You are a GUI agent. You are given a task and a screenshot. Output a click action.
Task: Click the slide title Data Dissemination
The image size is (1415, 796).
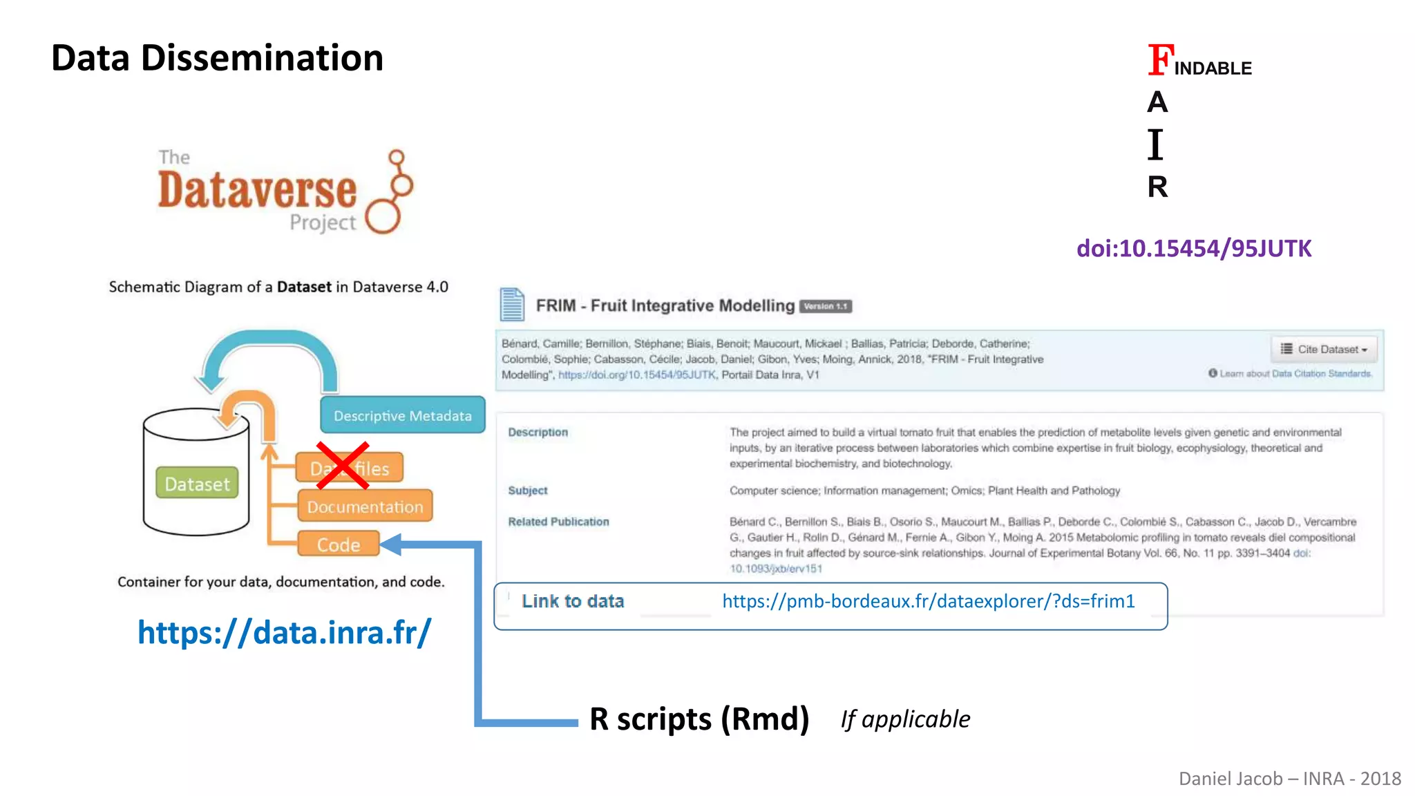[217, 58]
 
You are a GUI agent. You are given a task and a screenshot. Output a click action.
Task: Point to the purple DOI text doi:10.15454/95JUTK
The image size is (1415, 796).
[1193, 249]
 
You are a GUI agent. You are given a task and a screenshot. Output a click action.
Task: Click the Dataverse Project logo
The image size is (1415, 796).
[285, 191]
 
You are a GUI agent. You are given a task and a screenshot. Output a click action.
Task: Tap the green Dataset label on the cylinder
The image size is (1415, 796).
[197, 484]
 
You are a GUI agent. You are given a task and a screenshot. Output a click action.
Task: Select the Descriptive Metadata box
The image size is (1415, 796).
[402, 415]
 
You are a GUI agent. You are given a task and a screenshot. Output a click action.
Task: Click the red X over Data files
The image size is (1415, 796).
[342, 466]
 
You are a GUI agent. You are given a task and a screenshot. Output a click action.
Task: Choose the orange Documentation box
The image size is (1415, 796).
[365, 506]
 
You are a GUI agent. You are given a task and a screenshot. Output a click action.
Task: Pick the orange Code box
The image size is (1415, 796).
[339, 544]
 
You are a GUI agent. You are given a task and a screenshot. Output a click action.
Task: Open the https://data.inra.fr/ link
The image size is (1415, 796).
[284, 632]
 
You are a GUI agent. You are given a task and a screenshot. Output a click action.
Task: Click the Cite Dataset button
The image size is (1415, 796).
[1323, 349]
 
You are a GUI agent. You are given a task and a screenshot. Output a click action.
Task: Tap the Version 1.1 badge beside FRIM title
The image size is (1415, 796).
[825, 306]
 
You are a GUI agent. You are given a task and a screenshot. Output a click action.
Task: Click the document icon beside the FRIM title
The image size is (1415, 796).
[512, 305]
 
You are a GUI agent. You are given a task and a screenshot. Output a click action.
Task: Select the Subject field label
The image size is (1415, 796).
[528, 491]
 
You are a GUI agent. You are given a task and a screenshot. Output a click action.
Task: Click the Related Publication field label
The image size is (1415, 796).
[558, 522]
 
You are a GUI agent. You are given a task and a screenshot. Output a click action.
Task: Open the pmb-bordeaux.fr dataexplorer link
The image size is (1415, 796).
[928, 601]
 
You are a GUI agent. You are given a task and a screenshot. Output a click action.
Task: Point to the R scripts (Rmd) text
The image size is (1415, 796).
[699, 719]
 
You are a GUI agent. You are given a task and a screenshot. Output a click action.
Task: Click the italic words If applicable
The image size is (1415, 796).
[905, 719]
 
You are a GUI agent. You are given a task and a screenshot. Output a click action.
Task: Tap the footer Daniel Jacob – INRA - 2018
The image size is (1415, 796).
[1289, 779]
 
